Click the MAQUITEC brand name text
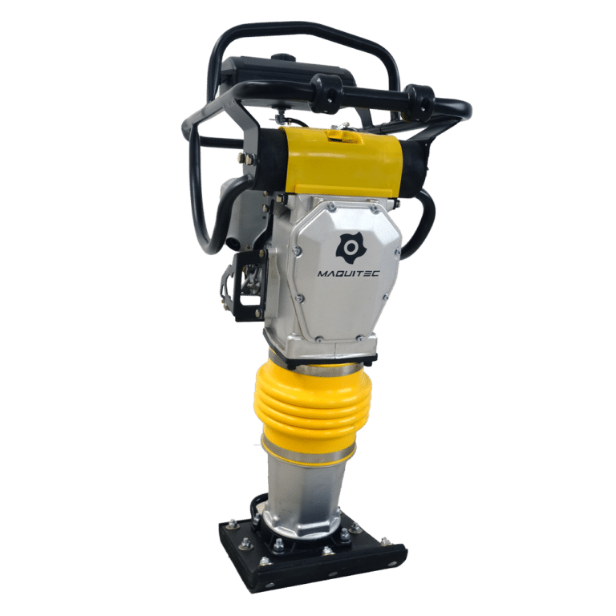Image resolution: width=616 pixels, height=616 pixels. (x=348, y=274)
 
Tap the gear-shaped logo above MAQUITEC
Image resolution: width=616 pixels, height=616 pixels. (x=349, y=249)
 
